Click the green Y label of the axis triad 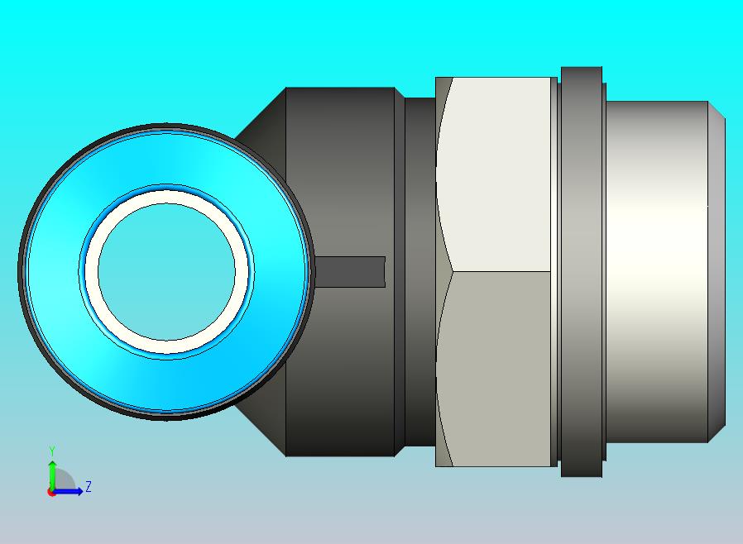pyautogui.click(x=52, y=451)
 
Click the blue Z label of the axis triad pyautogui.click(x=89, y=486)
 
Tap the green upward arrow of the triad pyautogui.click(x=52, y=475)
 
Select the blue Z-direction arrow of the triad pyautogui.click(x=67, y=492)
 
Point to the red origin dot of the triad pyautogui.click(x=50, y=493)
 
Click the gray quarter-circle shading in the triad pyautogui.click(x=64, y=480)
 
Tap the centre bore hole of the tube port pyautogui.click(x=166, y=272)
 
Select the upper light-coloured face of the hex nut pyautogui.click(x=494, y=174)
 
